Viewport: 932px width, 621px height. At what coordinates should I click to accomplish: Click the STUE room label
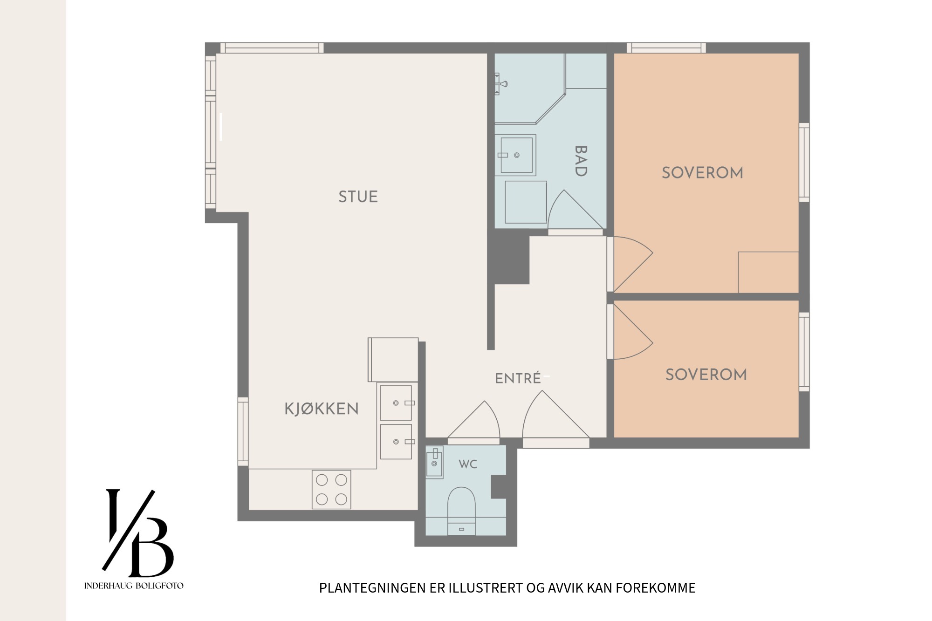[x=358, y=197]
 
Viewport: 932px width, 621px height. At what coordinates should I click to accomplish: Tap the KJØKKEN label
[x=322, y=409]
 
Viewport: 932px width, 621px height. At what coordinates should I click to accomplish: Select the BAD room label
[x=581, y=161]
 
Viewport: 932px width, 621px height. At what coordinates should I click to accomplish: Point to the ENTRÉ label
[x=518, y=378]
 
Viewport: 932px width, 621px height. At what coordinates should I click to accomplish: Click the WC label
[x=468, y=464]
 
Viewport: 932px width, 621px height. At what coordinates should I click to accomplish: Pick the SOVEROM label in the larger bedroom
[x=702, y=173]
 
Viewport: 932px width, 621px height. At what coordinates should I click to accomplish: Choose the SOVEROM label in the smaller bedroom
[x=706, y=375]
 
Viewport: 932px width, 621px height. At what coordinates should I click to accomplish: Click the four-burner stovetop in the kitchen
[x=331, y=489]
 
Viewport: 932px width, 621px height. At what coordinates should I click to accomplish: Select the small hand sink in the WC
[x=434, y=462]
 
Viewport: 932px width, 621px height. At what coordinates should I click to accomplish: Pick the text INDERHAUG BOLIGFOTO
[x=134, y=586]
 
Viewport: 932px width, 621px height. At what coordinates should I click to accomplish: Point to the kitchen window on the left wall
[x=243, y=431]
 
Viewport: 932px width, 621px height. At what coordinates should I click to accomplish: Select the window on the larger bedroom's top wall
[x=666, y=48]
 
